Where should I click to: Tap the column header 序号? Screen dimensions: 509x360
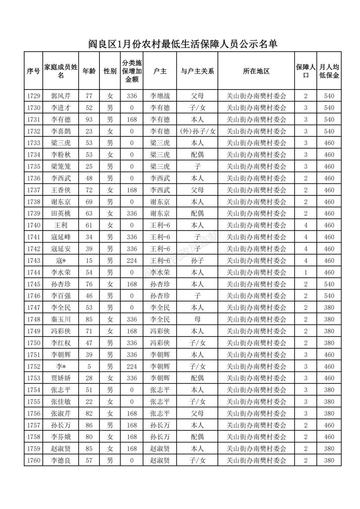(33, 71)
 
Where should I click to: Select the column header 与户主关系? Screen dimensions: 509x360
(197, 71)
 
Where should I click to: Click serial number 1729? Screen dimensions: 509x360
(33, 96)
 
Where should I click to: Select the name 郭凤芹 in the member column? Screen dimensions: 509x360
(61, 96)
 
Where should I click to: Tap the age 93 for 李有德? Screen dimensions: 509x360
(89, 119)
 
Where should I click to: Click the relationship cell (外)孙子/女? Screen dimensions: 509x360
(197, 131)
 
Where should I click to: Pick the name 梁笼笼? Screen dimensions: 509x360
(61, 167)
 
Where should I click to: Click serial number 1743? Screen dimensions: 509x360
(33, 261)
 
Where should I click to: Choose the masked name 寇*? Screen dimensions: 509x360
(61, 261)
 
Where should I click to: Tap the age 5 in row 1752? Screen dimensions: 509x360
(89, 366)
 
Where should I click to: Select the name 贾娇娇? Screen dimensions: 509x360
(61, 378)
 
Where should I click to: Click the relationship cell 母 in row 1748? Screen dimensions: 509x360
(197, 319)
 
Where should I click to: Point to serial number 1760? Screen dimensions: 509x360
(33, 460)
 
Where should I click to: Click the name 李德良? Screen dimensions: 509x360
(61, 460)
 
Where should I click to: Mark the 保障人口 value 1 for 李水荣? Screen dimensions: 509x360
(306, 272)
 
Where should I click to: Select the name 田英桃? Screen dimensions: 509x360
(61, 213)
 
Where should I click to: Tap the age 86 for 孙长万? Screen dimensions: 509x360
(89, 425)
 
